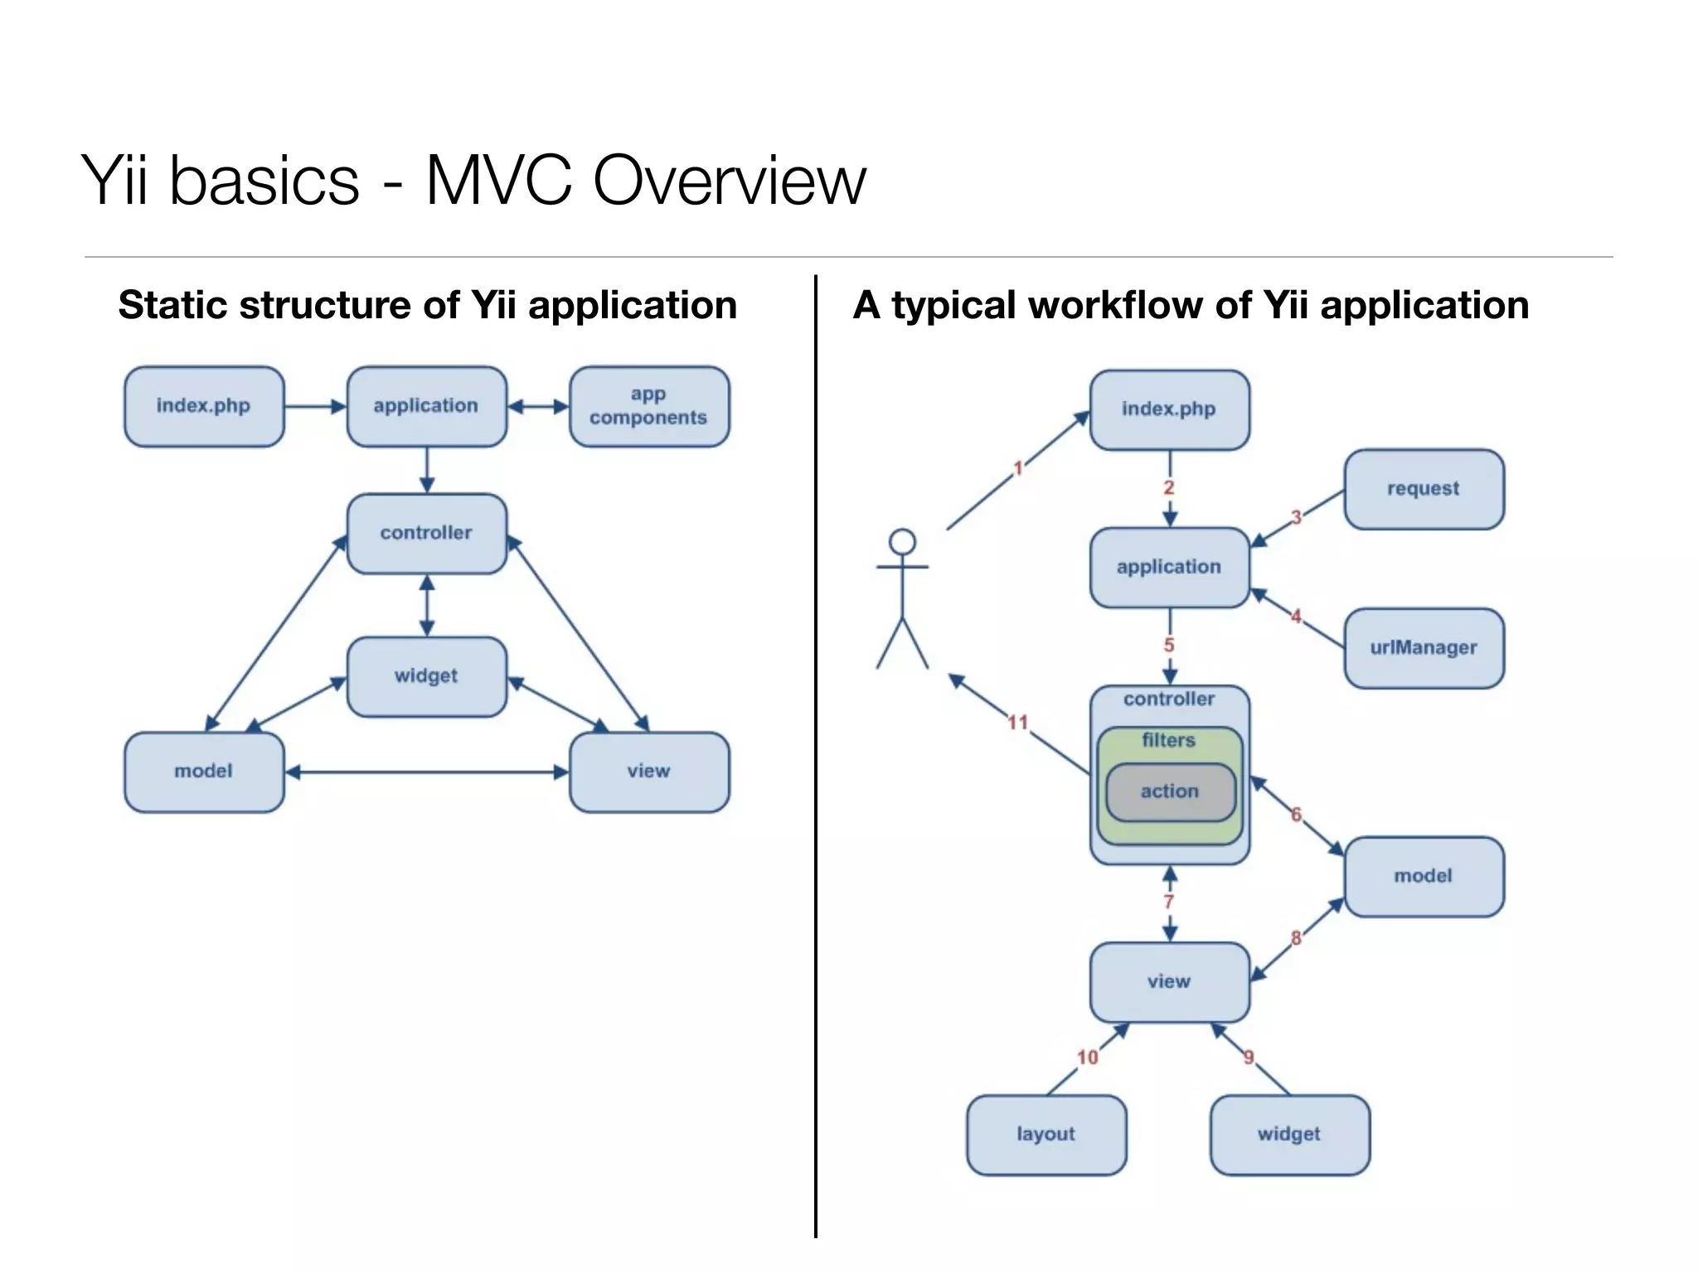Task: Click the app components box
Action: (x=649, y=406)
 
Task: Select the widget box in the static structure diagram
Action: (x=426, y=676)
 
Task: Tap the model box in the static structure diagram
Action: (x=204, y=772)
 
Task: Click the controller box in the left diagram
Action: (x=426, y=533)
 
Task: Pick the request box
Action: (x=1424, y=489)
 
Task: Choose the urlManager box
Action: (x=1424, y=648)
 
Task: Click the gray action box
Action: (x=1170, y=792)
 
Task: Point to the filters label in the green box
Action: (x=1169, y=740)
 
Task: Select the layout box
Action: (x=1046, y=1135)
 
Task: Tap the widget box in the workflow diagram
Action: (x=1289, y=1135)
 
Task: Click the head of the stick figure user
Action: (x=902, y=542)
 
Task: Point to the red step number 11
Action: (x=1018, y=723)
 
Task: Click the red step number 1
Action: (x=1018, y=468)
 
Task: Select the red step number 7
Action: (x=1169, y=903)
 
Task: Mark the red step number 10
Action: (x=1088, y=1058)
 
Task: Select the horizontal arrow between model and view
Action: (x=426, y=772)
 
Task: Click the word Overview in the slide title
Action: (x=729, y=181)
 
